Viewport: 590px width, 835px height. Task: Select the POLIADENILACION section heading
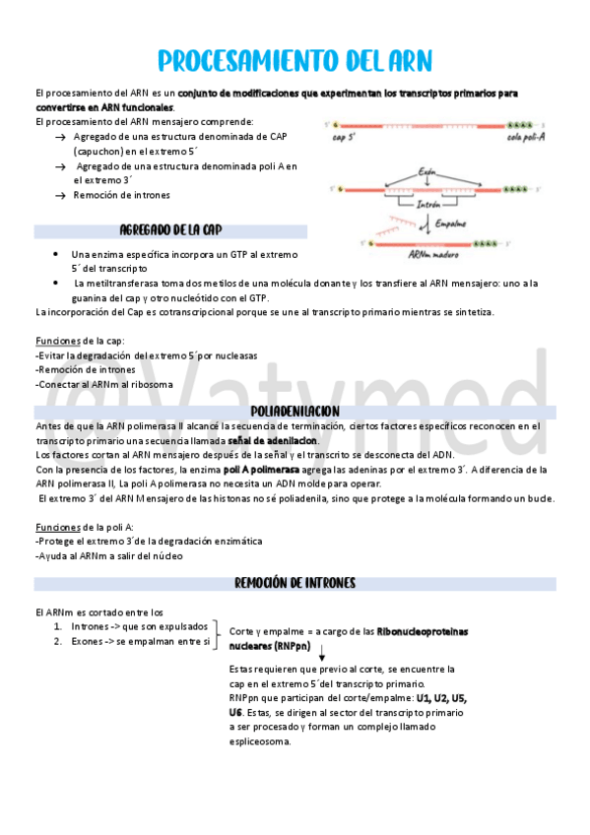point(295,411)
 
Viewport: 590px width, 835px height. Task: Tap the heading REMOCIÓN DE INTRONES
point(295,584)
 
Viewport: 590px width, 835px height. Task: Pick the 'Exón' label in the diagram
point(426,171)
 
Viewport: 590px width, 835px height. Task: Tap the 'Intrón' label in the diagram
point(427,205)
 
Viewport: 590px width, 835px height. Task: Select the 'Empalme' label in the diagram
point(451,223)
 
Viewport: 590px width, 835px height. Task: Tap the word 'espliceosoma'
point(260,741)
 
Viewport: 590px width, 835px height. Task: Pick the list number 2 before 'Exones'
point(58,641)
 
